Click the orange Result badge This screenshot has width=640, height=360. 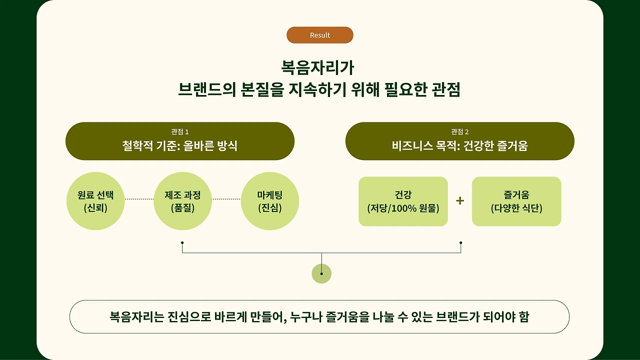[x=319, y=35]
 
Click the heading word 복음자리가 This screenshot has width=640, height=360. [x=317, y=67]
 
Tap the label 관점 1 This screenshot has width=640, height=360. [x=179, y=131]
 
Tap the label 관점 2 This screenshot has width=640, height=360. [x=459, y=131]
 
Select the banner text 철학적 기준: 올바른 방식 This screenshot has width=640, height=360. [x=179, y=145]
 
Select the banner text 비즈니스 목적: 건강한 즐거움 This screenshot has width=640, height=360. [x=459, y=145]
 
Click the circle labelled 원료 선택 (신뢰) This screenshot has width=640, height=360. [x=95, y=201]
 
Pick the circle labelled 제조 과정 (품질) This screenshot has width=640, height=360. [x=182, y=201]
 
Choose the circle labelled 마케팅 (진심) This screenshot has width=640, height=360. [x=269, y=201]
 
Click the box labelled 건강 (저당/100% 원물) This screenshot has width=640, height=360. [x=403, y=201]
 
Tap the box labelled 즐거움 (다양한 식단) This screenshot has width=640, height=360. [x=516, y=201]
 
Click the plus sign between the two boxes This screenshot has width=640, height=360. [x=460, y=201]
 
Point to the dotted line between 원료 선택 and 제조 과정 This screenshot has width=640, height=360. [x=139, y=199]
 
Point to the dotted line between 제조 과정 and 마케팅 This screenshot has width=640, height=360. [x=226, y=199]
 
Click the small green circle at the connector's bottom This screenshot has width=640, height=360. [x=321, y=273]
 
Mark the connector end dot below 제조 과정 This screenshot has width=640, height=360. [x=182, y=243]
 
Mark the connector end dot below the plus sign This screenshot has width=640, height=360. [x=461, y=243]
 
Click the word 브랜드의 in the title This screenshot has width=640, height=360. [x=207, y=89]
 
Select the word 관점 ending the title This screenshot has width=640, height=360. [x=446, y=89]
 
